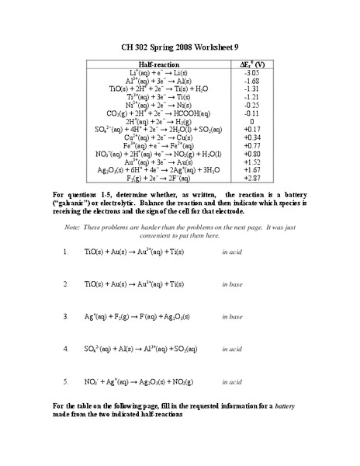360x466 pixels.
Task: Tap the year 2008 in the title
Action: click(175, 46)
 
